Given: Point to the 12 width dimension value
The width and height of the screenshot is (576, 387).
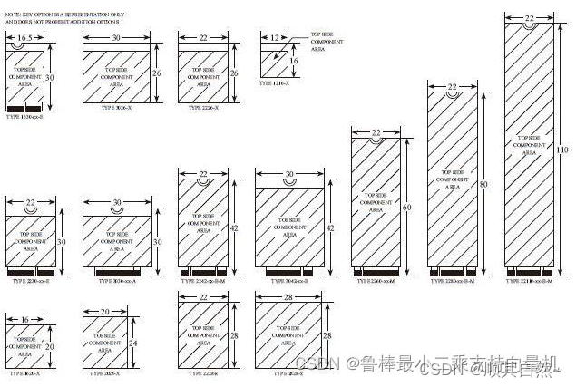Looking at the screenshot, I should (x=273, y=39).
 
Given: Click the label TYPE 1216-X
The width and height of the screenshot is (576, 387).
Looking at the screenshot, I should (x=274, y=82).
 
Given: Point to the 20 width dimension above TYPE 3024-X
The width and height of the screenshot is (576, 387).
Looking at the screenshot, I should (x=105, y=311).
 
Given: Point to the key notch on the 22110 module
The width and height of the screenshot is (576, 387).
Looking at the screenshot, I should (x=527, y=24).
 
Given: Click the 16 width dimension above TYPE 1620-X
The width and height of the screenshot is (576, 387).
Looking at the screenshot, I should (x=24, y=319).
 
